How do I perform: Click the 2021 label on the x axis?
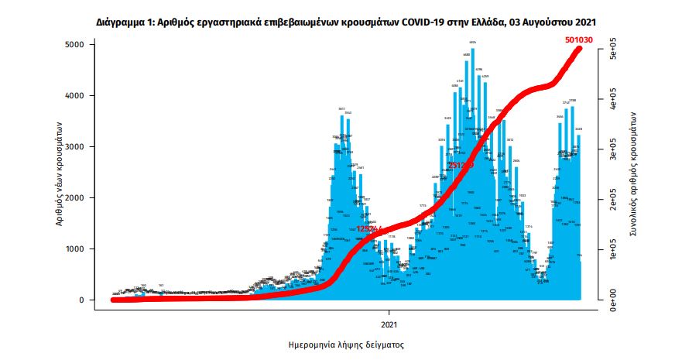[389, 323]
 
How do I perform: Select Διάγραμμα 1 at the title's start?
[123, 23]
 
